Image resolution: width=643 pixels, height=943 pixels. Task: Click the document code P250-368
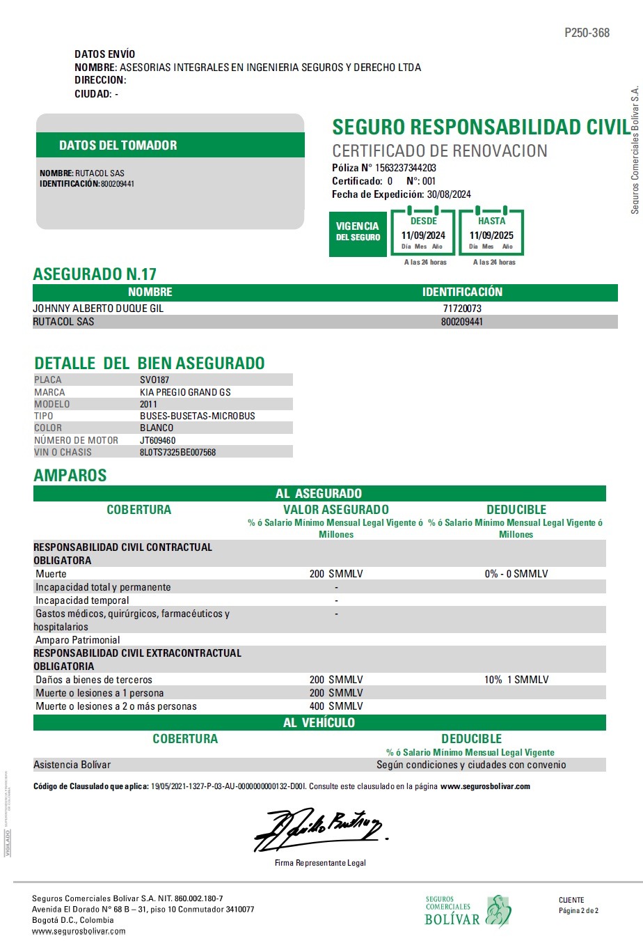coord(587,33)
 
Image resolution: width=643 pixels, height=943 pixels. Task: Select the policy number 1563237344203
coord(406,168)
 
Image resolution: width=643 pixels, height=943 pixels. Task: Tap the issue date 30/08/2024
coord(449,194)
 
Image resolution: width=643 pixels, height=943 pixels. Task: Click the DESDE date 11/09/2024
coord(423,235)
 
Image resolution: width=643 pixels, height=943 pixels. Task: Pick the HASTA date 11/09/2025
coord(491,235)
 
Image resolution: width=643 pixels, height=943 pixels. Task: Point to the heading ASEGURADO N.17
coord(95,274)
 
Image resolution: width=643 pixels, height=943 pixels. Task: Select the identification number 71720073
coord(462,309)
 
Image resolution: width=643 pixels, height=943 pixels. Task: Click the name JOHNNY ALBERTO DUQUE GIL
coord(98,309)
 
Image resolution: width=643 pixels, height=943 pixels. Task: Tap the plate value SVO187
coord(154,380)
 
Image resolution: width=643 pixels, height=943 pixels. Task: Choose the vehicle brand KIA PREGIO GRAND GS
coord(185,392)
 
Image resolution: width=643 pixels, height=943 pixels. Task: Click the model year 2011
coord(148,404)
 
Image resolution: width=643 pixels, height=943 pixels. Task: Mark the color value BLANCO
coord(157,428)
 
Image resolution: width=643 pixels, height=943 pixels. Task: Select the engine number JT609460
coord(157,440)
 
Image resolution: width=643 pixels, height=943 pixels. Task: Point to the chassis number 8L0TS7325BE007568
coord(177,452)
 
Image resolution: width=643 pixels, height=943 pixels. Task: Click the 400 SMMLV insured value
coord(336,706)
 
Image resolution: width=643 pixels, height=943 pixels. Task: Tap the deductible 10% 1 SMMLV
coord(516,680)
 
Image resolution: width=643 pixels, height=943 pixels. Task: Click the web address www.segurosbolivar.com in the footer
coord(79,931)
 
